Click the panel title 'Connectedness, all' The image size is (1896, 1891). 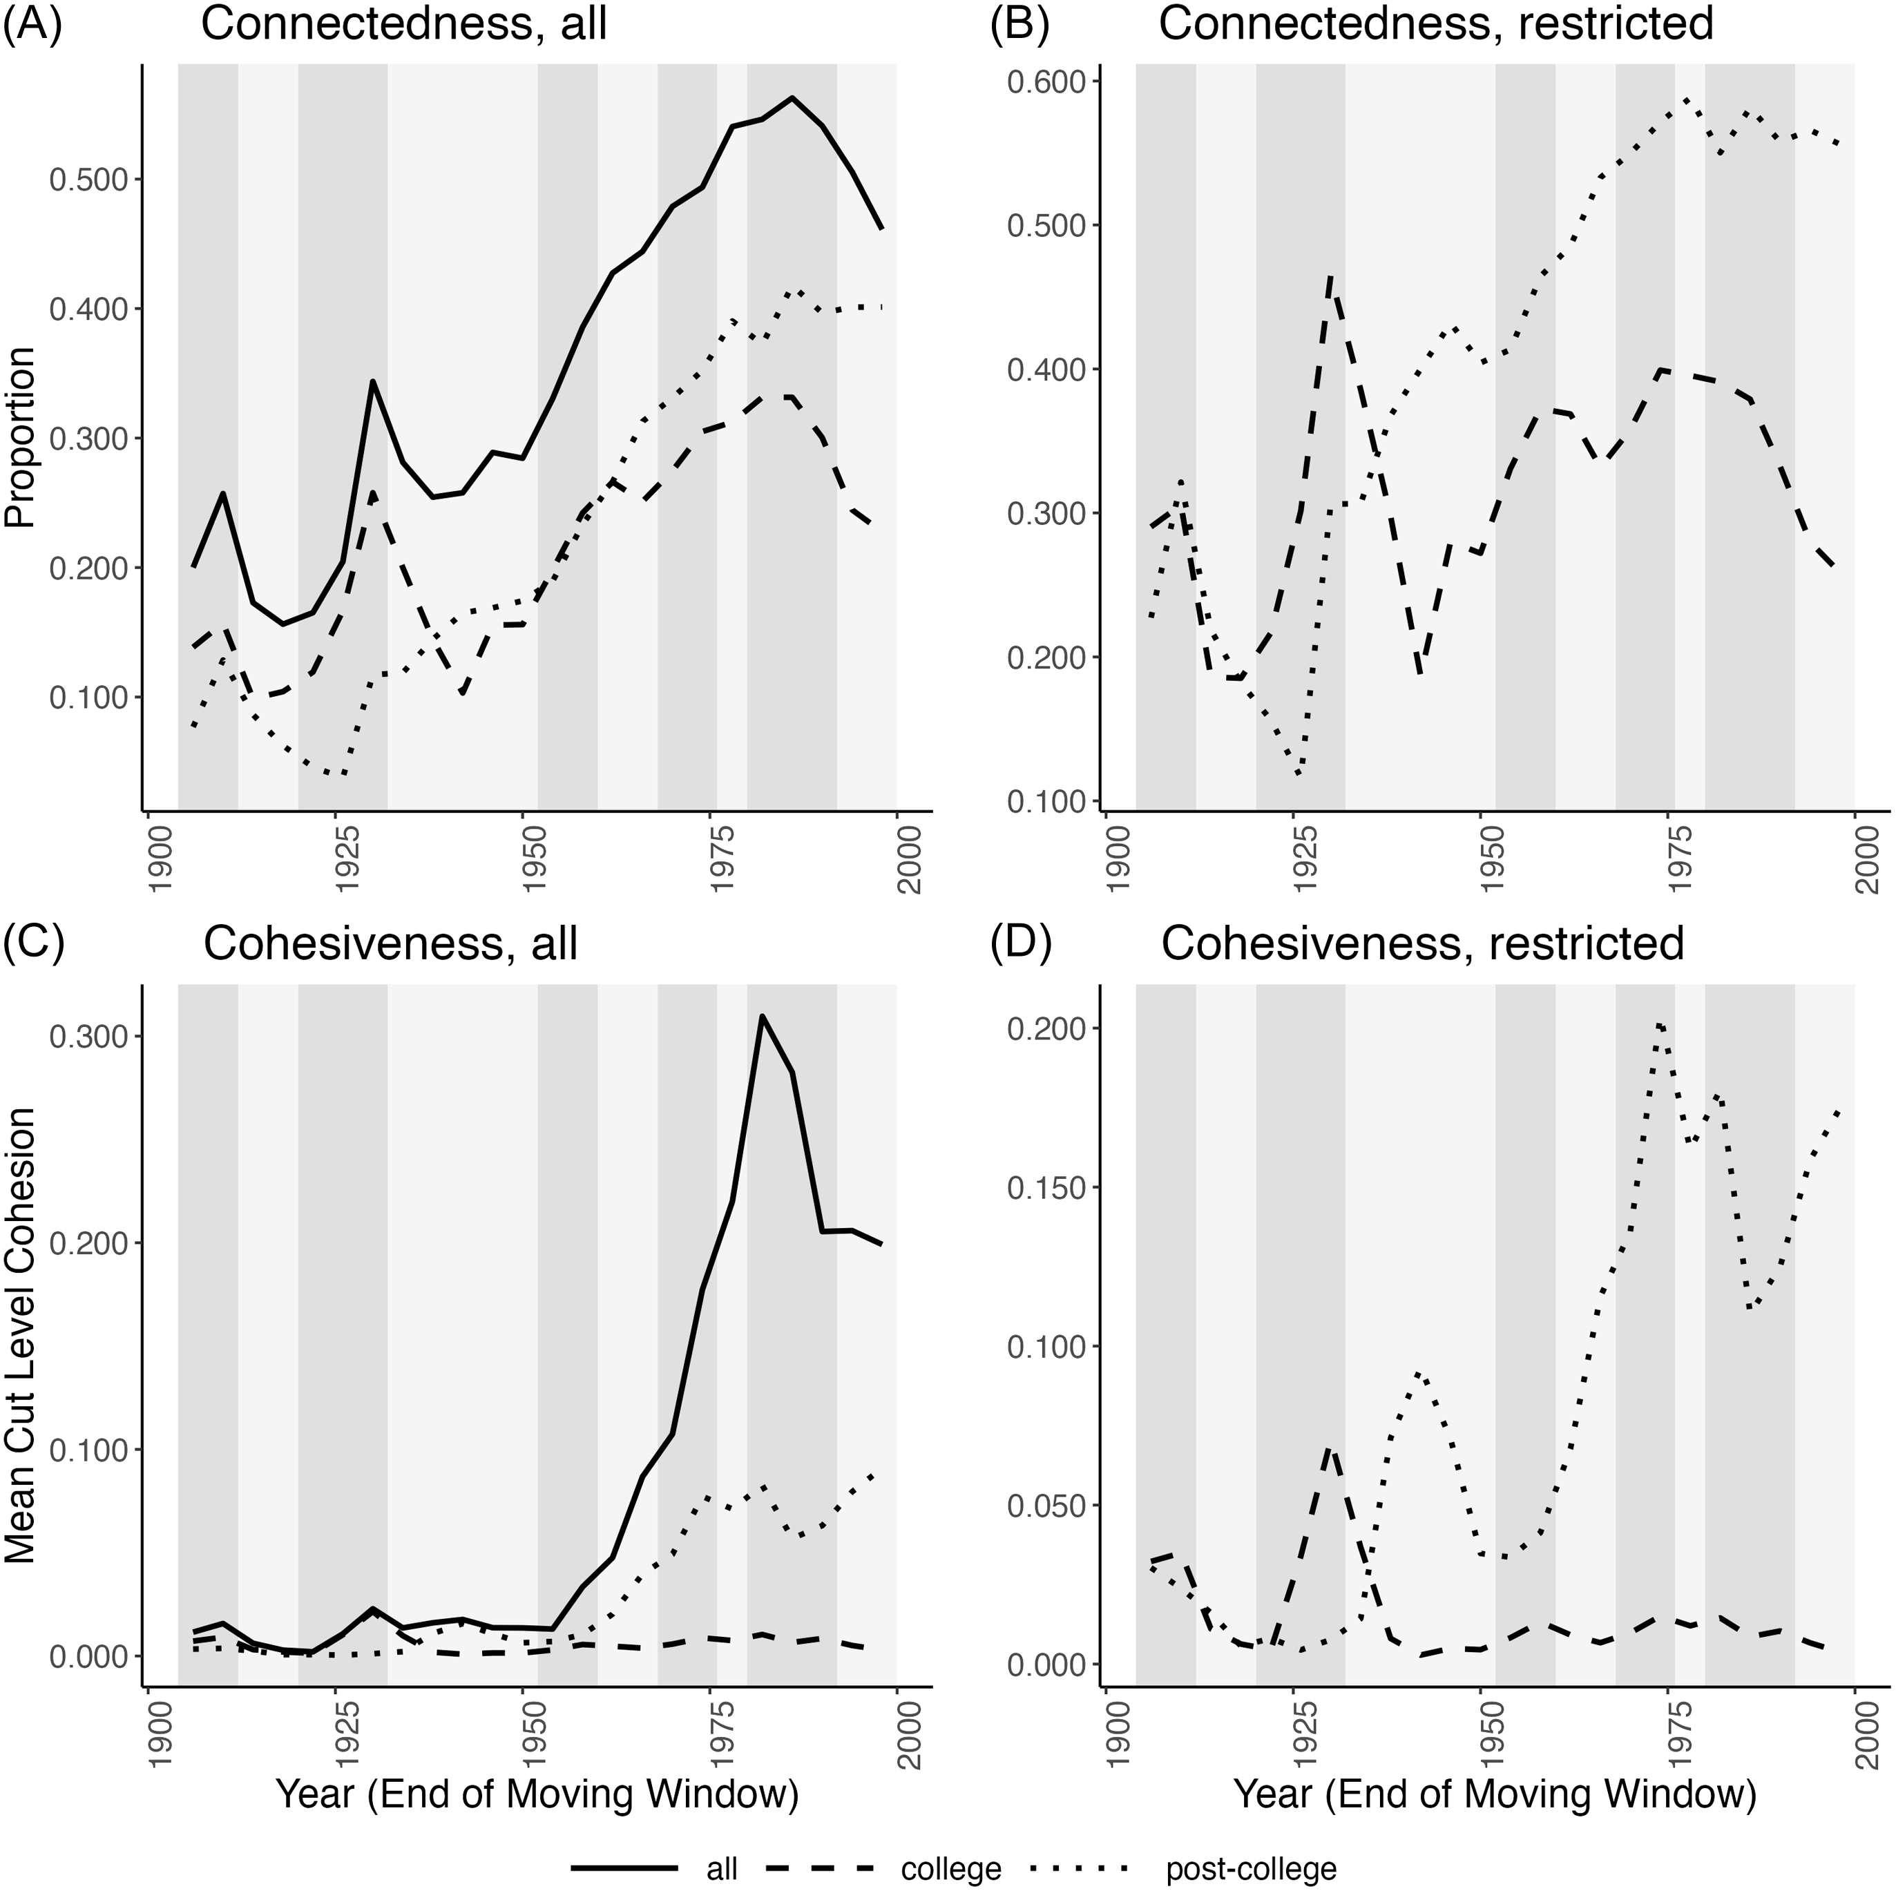click(x=403, y=23)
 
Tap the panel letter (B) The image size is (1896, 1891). click(x=1019, y=23)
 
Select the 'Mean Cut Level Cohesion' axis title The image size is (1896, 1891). click(x=19, y=1350)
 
